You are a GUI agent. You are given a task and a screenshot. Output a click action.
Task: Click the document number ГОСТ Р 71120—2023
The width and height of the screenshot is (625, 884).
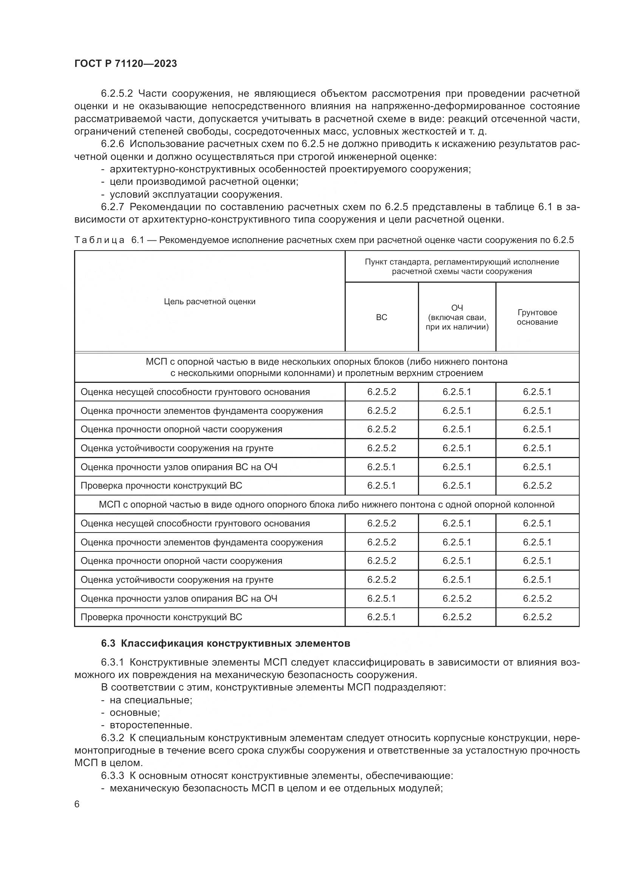coord(125,63)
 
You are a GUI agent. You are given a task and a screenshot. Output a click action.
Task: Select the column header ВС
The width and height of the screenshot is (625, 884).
coord(381,317)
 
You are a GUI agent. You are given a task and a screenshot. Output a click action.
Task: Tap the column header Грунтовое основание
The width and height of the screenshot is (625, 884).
coord(537,317)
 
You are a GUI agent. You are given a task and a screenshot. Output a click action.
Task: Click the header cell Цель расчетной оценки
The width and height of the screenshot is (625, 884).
coord(209,302)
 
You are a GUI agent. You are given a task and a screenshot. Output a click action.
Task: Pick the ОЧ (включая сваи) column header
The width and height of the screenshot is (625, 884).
coord(457,317)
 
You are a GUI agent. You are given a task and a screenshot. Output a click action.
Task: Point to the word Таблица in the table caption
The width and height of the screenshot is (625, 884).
coord(100,240)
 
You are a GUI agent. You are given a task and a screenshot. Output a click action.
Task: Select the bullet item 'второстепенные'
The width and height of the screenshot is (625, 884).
coord(150,725)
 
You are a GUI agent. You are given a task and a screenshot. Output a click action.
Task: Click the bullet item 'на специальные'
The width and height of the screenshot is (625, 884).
coord(151,700)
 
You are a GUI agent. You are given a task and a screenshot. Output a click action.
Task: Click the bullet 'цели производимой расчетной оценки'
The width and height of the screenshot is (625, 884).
coord(204,181)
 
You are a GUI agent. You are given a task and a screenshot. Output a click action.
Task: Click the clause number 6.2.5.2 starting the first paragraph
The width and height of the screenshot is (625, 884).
coord(117,94)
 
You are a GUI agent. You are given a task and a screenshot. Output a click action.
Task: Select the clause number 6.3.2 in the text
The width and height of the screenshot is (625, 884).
coord(113,738)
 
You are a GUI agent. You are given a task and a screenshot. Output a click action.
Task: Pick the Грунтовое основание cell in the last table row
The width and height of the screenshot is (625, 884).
coord(537,617)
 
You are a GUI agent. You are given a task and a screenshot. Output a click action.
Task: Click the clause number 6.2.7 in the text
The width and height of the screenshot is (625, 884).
coord(113,207)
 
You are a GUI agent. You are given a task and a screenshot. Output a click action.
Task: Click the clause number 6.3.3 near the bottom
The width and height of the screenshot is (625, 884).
coord(113,776)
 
